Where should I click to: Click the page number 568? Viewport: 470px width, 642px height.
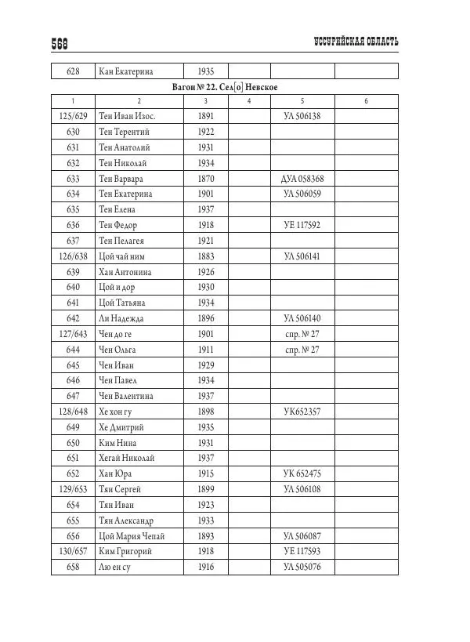(x=62, y=44)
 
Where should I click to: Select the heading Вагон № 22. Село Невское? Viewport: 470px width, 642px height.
(x=225, y=86)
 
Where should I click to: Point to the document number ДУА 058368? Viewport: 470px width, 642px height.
(x=302, y=179)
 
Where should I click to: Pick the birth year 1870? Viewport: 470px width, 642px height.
(x=206, y=179)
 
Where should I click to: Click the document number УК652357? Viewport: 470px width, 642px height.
(x=302, y=412)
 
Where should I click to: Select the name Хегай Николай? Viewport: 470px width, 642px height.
(x=128, y=459)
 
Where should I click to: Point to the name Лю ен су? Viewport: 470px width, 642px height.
(x=114, y=568)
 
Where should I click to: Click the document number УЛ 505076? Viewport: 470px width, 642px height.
(x=302, y=568)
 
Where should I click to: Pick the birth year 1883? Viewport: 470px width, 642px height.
(x=206, y=256)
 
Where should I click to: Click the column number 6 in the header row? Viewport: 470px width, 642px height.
(x=366, y=101)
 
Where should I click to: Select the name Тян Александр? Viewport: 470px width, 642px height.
(x=130, y=520)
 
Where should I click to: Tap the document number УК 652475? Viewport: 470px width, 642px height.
(x=302, y=474)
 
